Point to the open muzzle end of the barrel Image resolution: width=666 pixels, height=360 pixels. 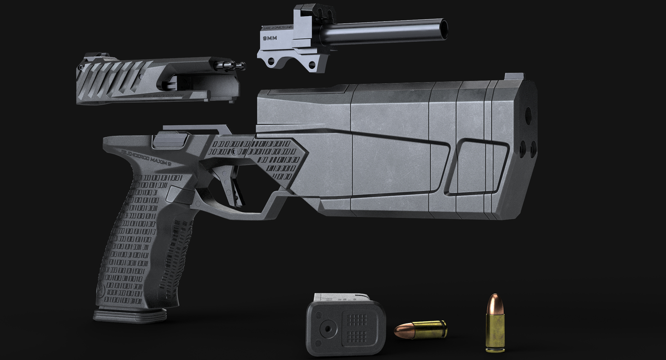pos(444,28)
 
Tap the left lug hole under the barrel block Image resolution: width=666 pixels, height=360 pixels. pos(270,62)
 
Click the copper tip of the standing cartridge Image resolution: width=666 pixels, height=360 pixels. pos(494,302)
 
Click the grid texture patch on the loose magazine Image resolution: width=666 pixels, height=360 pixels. pos(356,328)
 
